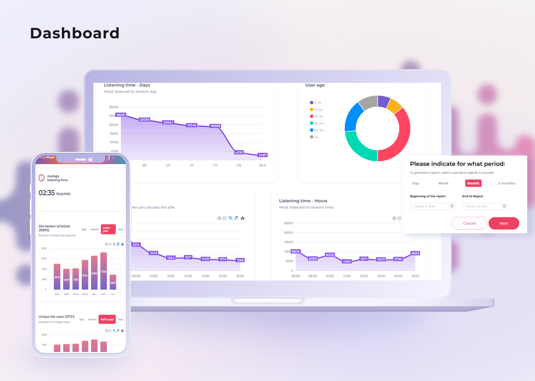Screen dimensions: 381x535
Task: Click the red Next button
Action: click(x=503, y=223)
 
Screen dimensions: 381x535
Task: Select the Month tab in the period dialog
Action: click(x=473, y=183)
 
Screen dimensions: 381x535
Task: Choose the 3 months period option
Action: click(x=506, y=183)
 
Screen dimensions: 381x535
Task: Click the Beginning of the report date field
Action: click(x=433, y=206)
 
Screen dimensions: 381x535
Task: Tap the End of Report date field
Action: click(x=485, y=206)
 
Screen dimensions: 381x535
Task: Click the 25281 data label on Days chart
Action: click(x=121, y=115)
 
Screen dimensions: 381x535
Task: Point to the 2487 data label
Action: click(x=262, y=155)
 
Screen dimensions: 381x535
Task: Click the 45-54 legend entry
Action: click(x=317, y=130)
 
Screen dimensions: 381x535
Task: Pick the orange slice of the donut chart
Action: click(x=395, y=106)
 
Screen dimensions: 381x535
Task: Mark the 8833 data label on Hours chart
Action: click(x=415, y=253)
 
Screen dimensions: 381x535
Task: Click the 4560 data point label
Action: click(x=347, y=262)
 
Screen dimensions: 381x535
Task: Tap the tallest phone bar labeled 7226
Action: click(x=104, y=271)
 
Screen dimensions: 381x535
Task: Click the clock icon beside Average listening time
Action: click(x=42, y=178)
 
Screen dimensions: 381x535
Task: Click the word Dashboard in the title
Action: click(x=75, y=33)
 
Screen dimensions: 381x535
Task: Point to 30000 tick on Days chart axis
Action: click(x=113, y=107)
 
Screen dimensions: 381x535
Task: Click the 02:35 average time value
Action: click(x=47, y=193)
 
